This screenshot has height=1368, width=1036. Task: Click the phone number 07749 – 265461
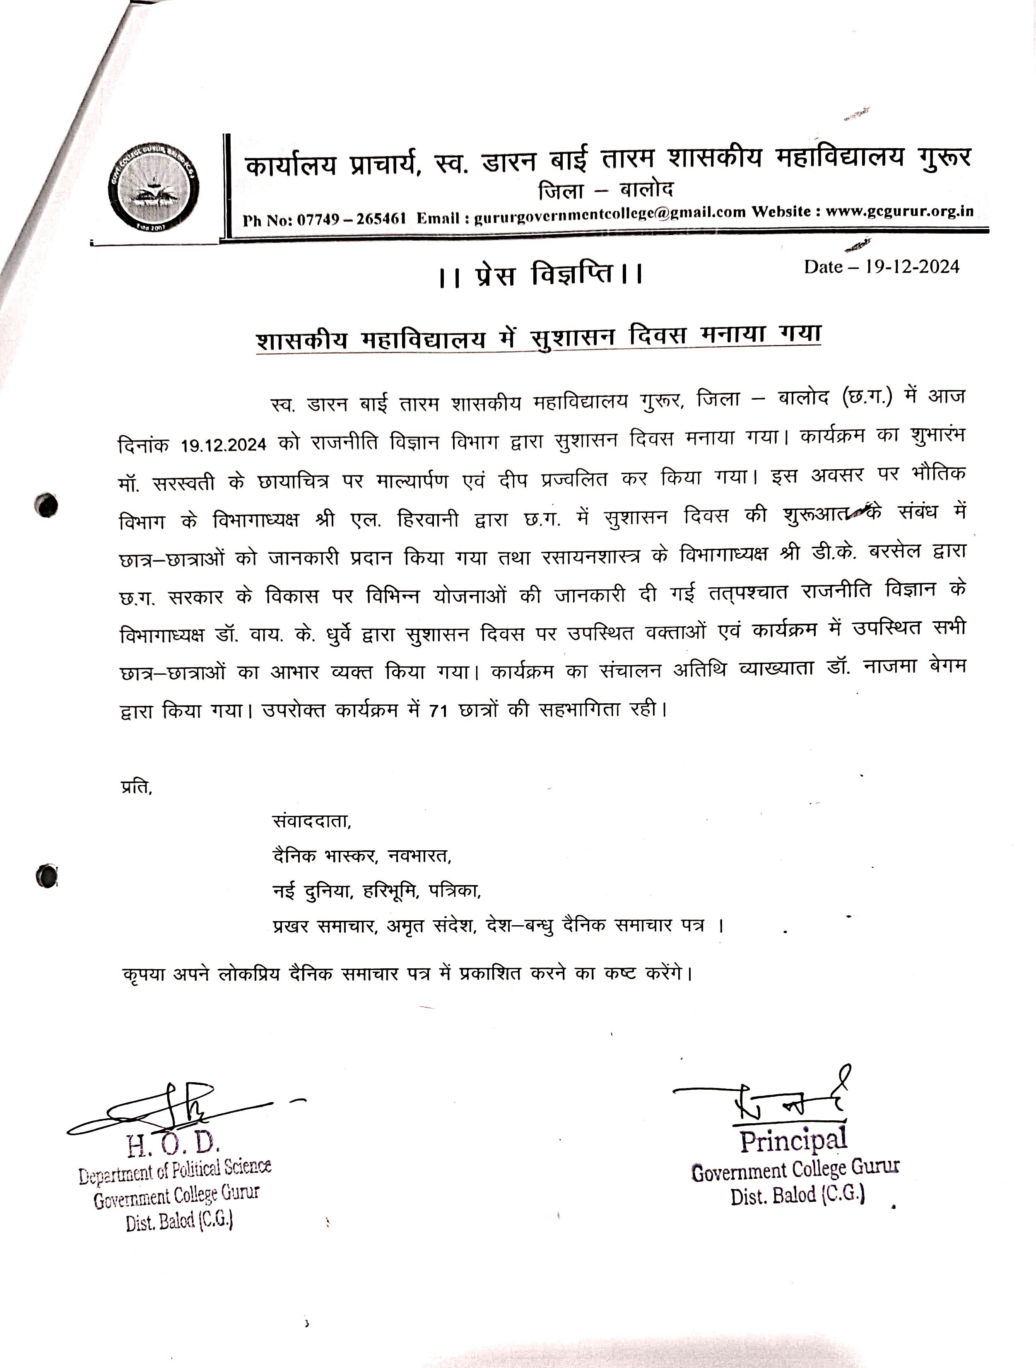pyautogui.click(x=351, y=218)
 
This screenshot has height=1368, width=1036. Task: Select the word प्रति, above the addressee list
pyautogui.click(x=136, y=787)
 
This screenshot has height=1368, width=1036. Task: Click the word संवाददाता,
pyautogui.click(x=311, y=821)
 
